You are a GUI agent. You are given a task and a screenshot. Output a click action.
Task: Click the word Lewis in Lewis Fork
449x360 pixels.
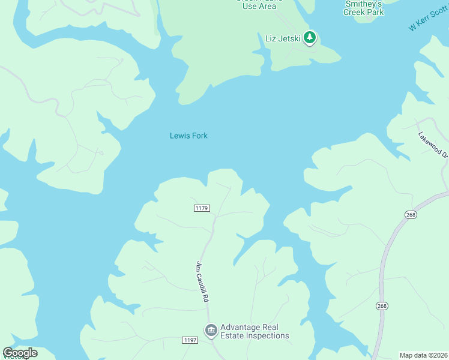tap(179, 136)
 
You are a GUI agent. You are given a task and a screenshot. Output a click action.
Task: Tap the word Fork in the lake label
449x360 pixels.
tap(199, 136)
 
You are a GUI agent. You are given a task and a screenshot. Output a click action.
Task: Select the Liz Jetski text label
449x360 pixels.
tap(283, 38)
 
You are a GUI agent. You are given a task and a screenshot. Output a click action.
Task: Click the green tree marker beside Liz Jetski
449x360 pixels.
tap(310, 38)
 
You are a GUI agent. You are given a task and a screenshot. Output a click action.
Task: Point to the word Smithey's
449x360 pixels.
tap(363, 4)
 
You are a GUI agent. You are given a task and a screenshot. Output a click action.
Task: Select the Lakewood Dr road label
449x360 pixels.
tap(433, 145)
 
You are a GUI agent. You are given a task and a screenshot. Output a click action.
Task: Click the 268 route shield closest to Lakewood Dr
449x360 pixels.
tap(411, 215)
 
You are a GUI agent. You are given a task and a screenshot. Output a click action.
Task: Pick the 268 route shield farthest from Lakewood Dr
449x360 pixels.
tap(382, 306)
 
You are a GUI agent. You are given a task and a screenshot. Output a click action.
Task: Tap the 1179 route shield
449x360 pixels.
tap(202, 208)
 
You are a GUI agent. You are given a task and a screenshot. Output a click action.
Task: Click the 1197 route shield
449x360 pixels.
tap(190, 340)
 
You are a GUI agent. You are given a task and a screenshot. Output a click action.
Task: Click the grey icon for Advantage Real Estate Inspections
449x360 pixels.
tap(211, 330)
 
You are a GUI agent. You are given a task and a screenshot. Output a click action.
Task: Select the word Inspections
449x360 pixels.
tap(270, 336)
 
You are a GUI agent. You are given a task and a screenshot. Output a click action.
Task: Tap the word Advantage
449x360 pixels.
tap(240, 328)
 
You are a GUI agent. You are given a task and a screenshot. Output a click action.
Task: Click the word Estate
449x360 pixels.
tap(234, 336)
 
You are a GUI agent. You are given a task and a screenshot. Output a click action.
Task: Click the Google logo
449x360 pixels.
tap(20, 353)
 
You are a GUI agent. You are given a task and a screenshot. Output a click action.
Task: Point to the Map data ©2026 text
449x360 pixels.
tap(423, 355)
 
